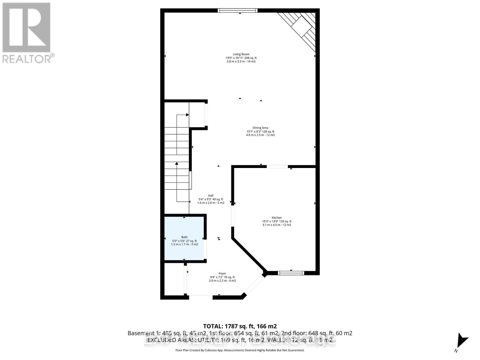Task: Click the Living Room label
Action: [241, 54]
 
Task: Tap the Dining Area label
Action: [260, 128]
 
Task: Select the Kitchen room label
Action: [277, 218]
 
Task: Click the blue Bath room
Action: [184, 238]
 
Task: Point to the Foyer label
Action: [222, 274]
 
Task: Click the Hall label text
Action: [211, 196]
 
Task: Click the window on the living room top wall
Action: [238, 10]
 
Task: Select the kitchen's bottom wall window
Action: [291, 273]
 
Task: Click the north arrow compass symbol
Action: [461, 342]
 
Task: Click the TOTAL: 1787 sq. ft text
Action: [240, 326]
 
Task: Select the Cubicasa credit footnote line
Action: [240, 350]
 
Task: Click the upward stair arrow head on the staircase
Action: [177, 163]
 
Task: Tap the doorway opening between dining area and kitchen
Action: [277, 166]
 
